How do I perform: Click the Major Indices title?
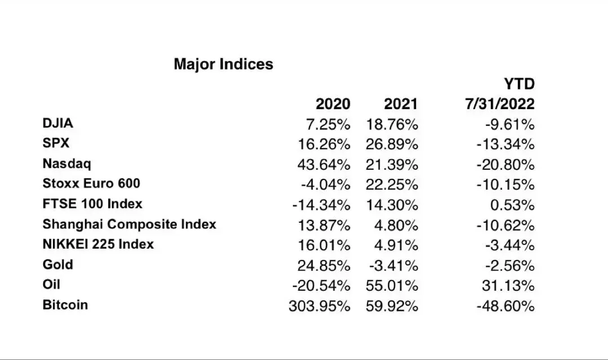coord(223,64)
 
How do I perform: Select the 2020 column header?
coord(333,104)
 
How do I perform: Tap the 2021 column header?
coord(401,104)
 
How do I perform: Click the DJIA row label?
coord(58,123)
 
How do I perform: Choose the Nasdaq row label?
coord(67,164)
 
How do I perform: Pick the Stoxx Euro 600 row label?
coord(91,184)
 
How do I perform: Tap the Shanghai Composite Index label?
coord(129,224)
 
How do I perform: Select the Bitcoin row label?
coord(65,305)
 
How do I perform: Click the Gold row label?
coord(58,264)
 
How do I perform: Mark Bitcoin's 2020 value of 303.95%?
coord(319,306)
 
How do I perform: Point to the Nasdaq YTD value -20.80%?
coord(505,165)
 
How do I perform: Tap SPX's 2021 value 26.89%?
coord(392,145)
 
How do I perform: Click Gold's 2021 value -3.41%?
coord(394,265)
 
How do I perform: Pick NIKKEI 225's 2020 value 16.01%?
coord(324,245)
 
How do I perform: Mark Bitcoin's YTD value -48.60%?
coord(505,306)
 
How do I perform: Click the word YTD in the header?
coord(519,84)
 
